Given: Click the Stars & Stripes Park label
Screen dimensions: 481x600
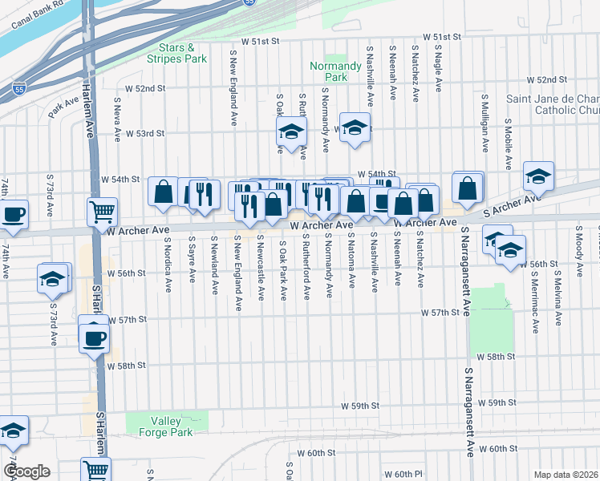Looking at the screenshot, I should [177, 54].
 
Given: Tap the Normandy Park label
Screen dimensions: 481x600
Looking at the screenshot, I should [330, 72].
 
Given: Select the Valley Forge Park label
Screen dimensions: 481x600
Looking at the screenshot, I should [171, 426].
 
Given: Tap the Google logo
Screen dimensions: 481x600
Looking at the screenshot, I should [26, 471].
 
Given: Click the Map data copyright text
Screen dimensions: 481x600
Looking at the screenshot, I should [566, 475].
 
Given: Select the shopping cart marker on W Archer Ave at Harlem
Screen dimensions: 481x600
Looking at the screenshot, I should [102, 212].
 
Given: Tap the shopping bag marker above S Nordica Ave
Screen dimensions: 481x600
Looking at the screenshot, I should [164, 192].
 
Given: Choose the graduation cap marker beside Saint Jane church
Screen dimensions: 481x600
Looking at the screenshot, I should [538, 176].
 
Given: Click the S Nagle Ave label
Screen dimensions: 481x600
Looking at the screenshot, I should [439, 71].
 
